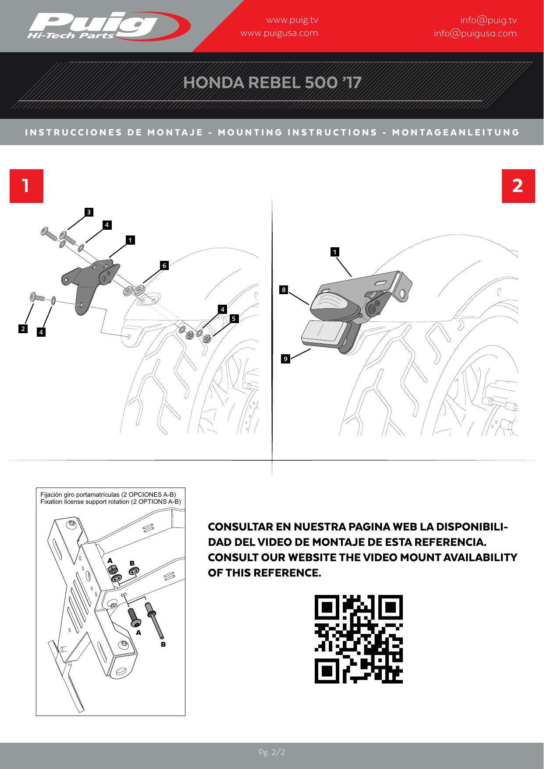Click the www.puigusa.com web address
click(x=279, y=33)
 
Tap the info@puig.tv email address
click(x=488, y=20)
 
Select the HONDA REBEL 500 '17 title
click(x=272, y=82)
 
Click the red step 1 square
click(x=26, y=186)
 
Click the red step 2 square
click(x=518, y=186)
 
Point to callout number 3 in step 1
click(x=89, y=212)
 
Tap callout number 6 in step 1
click(x=164, y=265)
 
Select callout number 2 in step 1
click(x=23, y=328)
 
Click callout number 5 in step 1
click(x=234, y=318)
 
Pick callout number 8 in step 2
click(x=284, y=289)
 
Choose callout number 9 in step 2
click(x=285, y=359)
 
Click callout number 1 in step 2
click(x=335, y=252)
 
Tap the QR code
click(x=359, y=639)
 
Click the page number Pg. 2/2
click(x=272, y=752)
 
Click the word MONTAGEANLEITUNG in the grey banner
click(x=456, y=132)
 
